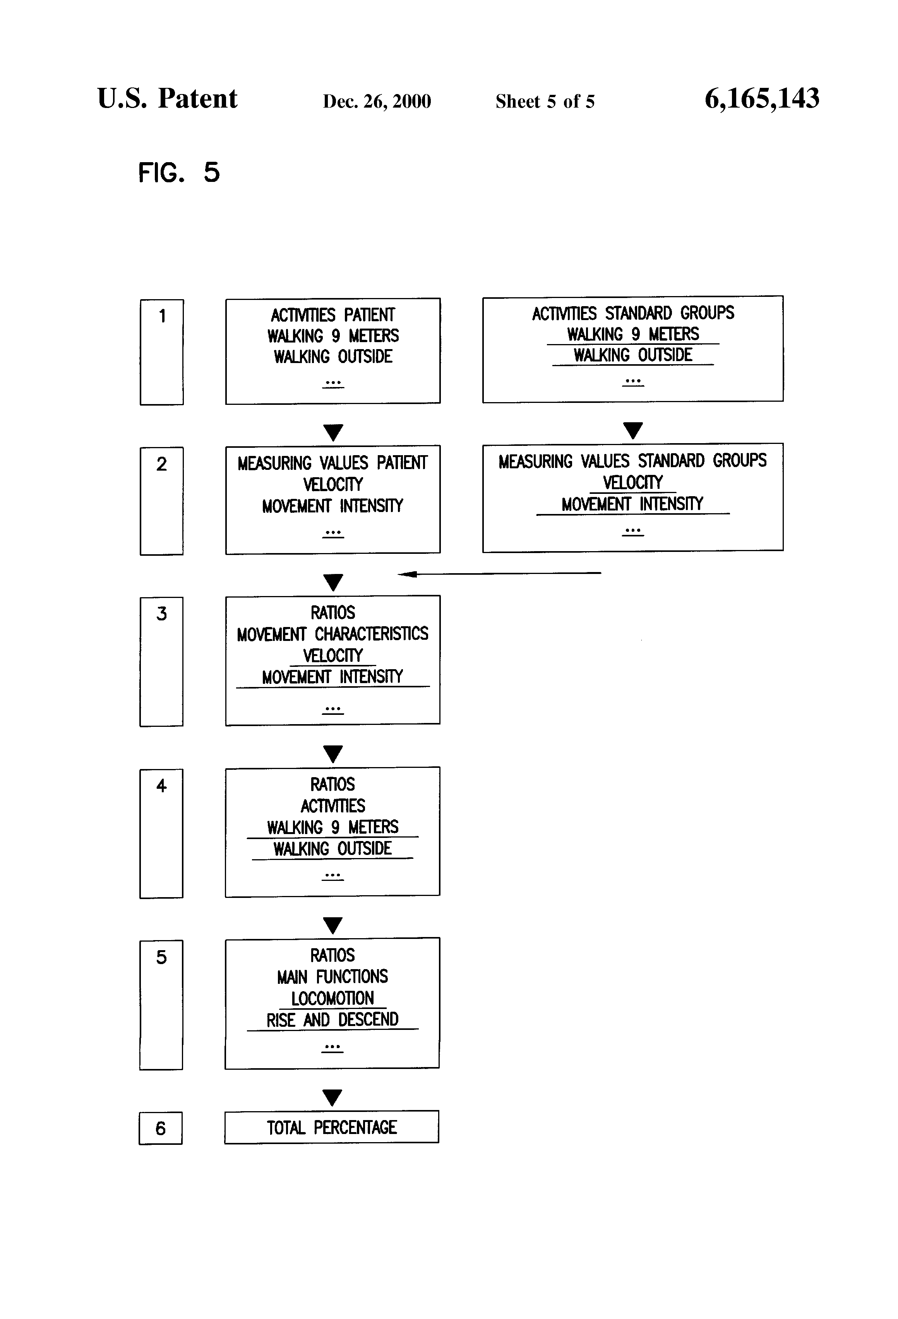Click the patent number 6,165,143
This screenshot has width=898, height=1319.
coord(762,99)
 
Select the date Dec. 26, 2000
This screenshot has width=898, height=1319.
coord(377,101)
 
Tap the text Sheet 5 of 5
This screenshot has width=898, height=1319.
coord(545,101)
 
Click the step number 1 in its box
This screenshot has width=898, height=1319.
coord(162,316)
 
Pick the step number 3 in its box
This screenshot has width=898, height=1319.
coord(162,613)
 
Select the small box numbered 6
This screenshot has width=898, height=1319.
coord(161,1128)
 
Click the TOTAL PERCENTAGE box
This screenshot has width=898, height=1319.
coord(331,1127)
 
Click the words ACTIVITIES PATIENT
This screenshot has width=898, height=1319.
coord(332,315)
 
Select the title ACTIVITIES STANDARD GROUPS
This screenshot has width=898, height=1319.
coord(633,313)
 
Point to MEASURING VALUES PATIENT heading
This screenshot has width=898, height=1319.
coord(332,463)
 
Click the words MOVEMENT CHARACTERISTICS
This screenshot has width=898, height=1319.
coord(332,634)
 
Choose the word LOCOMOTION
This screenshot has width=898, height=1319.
coord(332,998)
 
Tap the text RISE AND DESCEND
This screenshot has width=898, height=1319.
coord(332,1020)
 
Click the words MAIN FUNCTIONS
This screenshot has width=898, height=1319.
coord(332,977)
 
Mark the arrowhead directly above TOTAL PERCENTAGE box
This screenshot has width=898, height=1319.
coord(332,1097)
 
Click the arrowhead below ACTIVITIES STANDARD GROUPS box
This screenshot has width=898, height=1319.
coord(633,430)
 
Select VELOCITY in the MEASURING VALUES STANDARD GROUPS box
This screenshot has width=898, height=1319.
coord(633,482)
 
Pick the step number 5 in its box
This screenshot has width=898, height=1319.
coord(162,958)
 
